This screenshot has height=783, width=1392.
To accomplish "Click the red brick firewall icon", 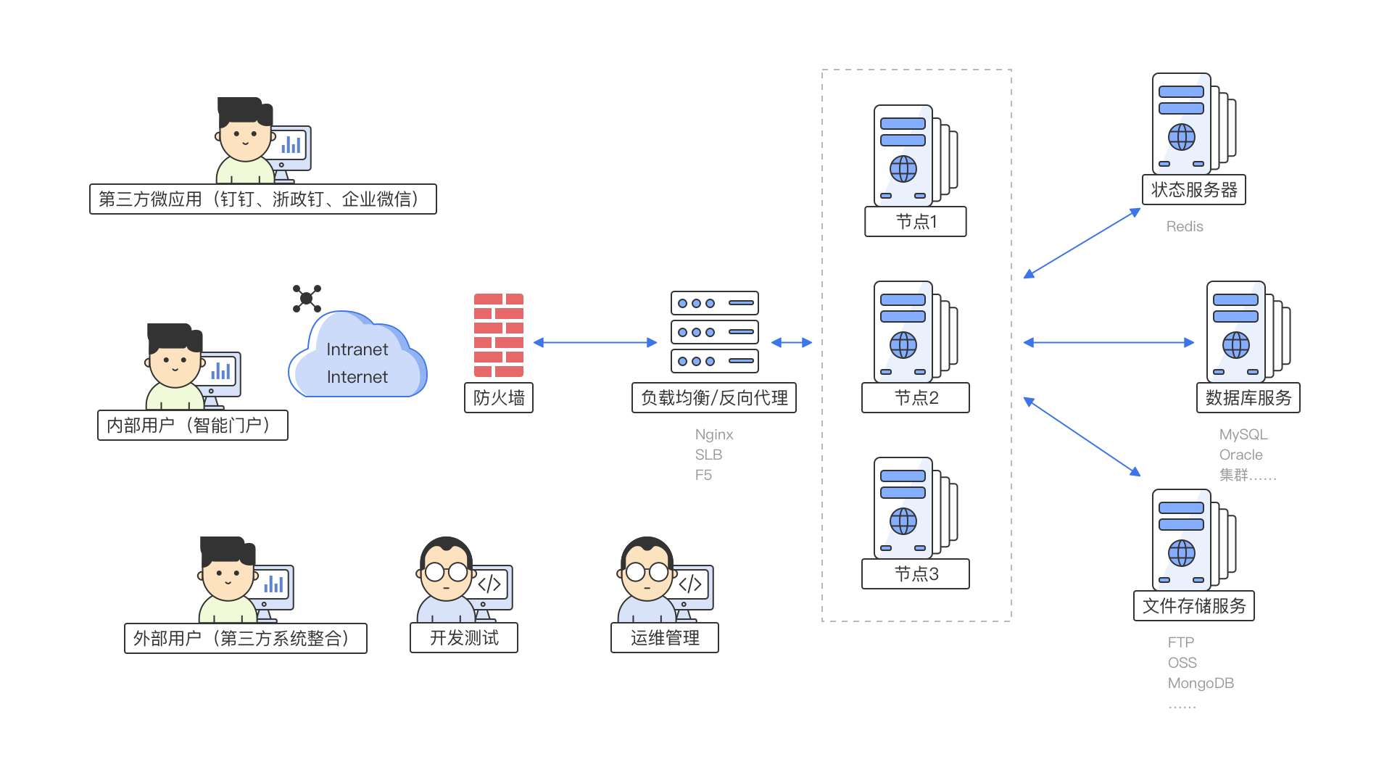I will point(499,335).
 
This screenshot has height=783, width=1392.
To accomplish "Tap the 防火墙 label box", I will point(499,398).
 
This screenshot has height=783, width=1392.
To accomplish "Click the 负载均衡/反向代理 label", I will point(714,398).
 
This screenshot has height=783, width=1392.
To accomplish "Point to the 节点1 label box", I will point(916,222).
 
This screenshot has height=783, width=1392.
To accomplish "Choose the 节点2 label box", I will point(916,398).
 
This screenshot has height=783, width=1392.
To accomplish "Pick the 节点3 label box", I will point(916,574).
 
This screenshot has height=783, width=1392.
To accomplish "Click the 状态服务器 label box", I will point(1194,190).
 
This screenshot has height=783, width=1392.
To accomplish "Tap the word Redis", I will point(1185,227).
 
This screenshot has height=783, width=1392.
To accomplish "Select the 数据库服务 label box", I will point(1248,398).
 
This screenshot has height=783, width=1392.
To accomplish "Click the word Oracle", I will point(1241,455).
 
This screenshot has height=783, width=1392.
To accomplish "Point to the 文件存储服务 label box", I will point(1194,606).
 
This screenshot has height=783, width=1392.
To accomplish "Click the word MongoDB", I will point(1201,684).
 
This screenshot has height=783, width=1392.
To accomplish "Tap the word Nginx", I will point(714,435).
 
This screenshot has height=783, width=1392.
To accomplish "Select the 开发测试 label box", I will point(464,638).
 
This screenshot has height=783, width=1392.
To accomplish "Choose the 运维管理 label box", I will point(665,638).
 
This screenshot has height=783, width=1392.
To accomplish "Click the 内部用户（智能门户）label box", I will point(193,426).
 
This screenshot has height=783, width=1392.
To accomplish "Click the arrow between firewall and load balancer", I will point(594,342).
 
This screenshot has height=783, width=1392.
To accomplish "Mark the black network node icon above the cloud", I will point(307,298).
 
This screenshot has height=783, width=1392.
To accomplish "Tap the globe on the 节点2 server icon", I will point(903,345).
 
